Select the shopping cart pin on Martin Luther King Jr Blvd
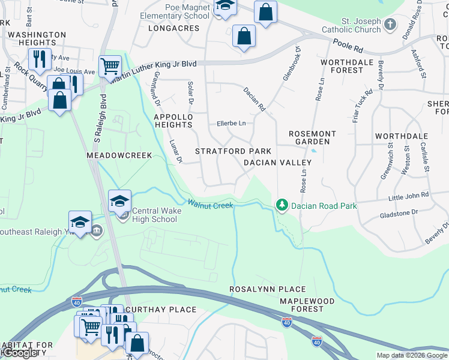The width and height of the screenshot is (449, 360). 110,67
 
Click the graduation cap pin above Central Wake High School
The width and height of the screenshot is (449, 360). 119,200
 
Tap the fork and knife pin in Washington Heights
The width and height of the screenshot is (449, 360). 38,59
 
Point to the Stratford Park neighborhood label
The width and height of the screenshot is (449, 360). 233,151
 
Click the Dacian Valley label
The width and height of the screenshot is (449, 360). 277,163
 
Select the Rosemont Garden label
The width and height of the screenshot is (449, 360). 312,137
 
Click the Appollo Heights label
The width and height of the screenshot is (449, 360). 173,121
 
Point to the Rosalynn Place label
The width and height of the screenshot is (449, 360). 268,289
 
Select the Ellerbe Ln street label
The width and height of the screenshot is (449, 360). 231,124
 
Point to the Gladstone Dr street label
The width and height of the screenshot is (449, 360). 398,212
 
